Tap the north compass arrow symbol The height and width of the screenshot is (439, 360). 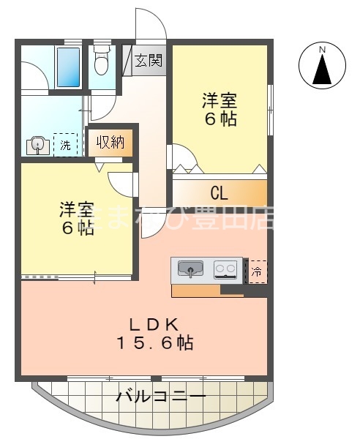322,69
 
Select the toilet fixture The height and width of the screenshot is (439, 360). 102,62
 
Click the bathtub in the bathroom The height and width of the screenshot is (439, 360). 68,68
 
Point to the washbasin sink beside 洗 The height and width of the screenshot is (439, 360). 37,146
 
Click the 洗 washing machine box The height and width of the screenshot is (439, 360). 64,145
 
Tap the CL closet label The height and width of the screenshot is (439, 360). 219,193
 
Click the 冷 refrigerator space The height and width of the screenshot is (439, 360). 258,271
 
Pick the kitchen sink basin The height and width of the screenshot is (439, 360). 192,269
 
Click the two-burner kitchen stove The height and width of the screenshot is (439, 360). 226,270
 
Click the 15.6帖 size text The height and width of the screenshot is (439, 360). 154,342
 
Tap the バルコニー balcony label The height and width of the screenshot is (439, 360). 161,398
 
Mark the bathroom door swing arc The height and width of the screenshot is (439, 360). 33,76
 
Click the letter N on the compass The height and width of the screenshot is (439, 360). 322,49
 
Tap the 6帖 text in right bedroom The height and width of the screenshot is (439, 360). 220,119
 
